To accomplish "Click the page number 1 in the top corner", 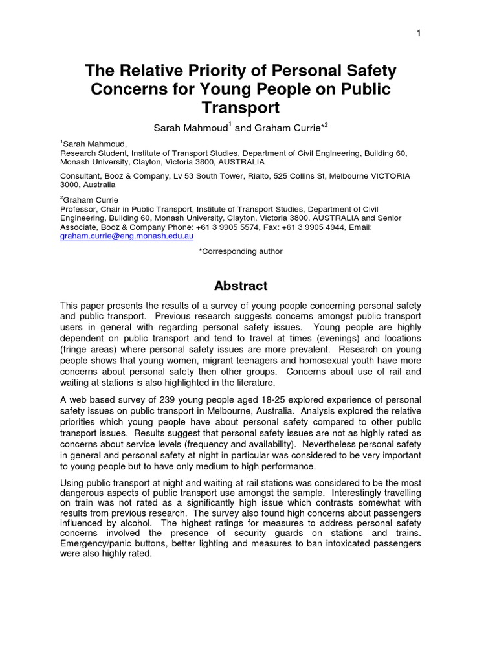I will coord(419,34).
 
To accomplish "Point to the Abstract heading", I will coord(241,286).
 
